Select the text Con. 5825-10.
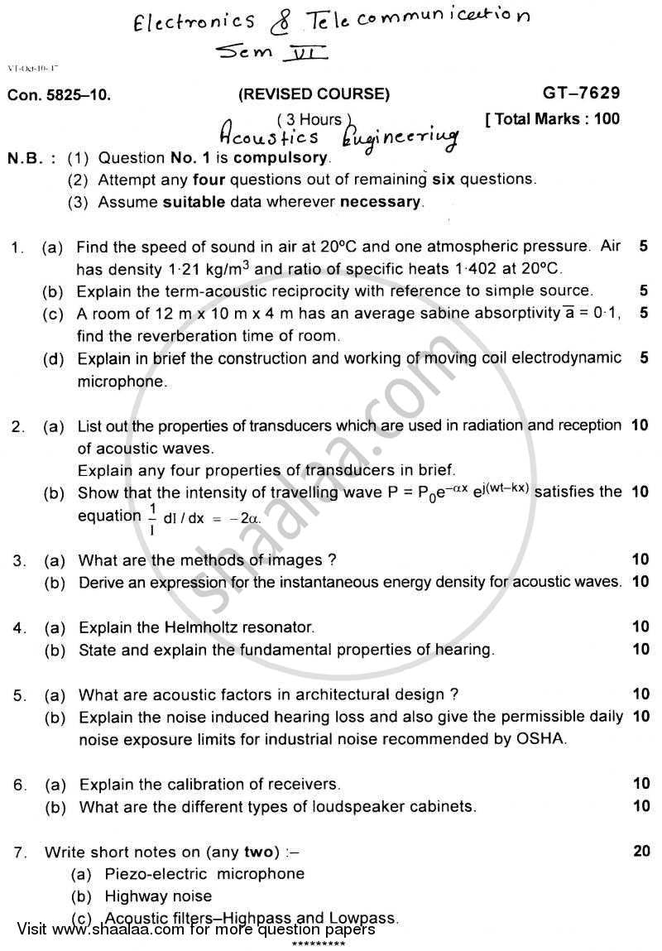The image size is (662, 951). pos(59,95)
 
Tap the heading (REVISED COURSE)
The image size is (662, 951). pos(314,94)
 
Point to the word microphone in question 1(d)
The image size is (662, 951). pos(121,382)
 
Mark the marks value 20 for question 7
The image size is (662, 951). pos(640,851)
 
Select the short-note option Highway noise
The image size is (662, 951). pos(158,896)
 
